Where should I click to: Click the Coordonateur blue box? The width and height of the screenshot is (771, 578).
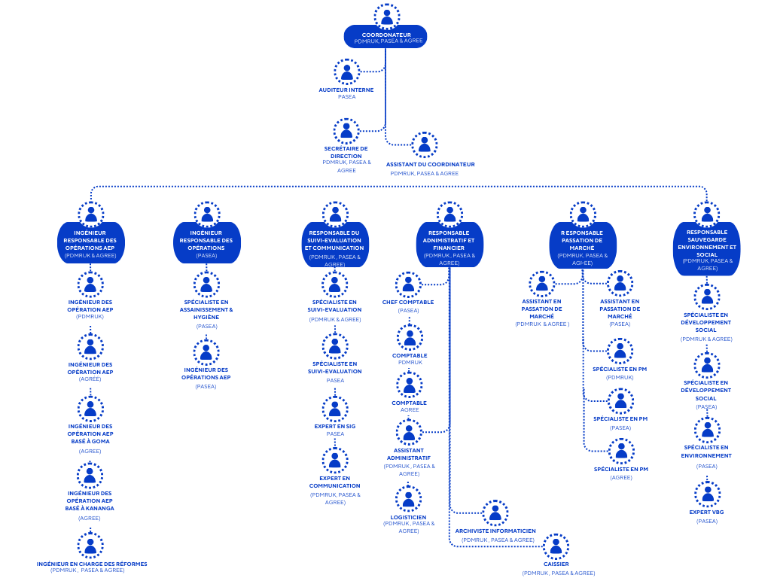[385, 37]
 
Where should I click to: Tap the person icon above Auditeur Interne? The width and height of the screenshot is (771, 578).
[347, 72]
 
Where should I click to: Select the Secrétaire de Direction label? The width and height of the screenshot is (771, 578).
[346, 152]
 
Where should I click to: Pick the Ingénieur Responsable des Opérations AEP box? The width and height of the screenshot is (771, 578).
[90, 243]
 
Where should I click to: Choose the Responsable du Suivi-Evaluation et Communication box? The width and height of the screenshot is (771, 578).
[335, 243]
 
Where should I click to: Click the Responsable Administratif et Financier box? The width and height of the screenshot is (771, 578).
[449, 243]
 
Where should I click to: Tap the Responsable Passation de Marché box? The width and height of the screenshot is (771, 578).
[582, 243]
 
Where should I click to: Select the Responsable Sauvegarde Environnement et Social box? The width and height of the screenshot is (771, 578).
[707, 248]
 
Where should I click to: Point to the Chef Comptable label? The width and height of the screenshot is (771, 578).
[408, 302]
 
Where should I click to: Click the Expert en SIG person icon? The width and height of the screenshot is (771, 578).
[335, 409]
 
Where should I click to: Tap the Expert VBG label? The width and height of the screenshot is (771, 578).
[707, 512]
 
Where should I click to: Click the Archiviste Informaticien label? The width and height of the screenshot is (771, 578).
[495, 531]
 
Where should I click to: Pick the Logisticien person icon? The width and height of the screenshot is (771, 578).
[409, 499]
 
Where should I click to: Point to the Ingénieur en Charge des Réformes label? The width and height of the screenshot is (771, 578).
[92, 563]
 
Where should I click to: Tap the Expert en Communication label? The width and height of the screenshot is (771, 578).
[335, 482]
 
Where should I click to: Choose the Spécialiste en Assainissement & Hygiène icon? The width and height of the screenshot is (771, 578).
[206, 284]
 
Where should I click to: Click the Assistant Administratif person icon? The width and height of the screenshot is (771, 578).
[409, 433]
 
